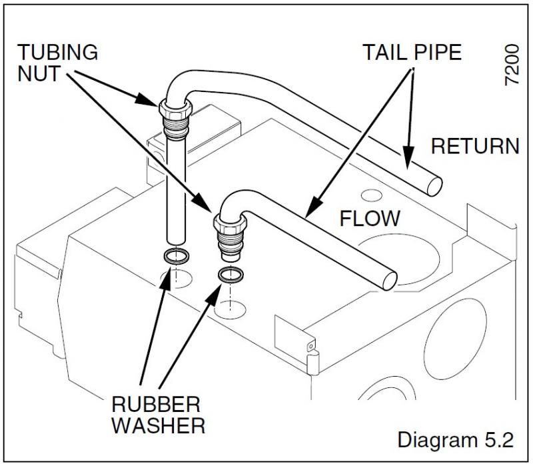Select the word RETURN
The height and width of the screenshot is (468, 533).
point(475,147)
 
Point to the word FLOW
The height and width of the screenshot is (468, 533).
point(370,218)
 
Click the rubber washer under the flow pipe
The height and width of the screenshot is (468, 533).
point(231,275)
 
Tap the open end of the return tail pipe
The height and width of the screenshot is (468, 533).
point(433,181)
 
